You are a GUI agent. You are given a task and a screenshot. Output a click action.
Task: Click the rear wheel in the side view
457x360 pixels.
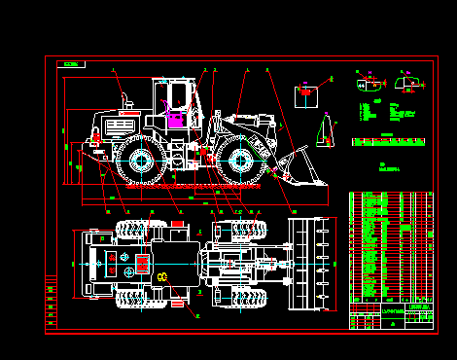pyautogui.click(x=139, y=161)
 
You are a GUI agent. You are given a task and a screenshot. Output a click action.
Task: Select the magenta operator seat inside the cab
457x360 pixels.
pyautogui.click(x=176, y=120)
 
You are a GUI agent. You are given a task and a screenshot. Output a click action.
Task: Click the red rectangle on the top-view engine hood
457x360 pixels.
pyautogui.click(x=142, y=262)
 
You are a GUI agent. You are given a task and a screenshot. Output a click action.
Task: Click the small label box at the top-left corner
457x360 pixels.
pyautogui.click(x=71, y=64)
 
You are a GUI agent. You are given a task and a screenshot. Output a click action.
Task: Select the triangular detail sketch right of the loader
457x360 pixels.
pyautogui.click(x=327, y=130)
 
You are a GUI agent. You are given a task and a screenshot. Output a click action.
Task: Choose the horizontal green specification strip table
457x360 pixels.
pyautogui.click(x=389, y=142)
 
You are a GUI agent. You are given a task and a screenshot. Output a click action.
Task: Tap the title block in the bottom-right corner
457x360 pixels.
pyautogui.click(x=391, y=317)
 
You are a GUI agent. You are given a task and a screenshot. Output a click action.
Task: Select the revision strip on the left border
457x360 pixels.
pyautogui.click(x=51, y=297)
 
